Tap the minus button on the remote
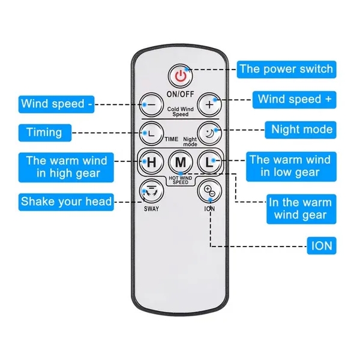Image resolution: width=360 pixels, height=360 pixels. pos(151,105)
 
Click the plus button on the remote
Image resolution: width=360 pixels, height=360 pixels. pos(209,105)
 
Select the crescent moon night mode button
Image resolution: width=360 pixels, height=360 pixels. pos(209,133)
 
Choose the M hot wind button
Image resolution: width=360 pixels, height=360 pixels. pos(181,163)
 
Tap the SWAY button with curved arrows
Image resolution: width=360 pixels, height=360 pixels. pos(151,191)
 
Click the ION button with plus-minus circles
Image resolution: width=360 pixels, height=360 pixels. pos(209,191)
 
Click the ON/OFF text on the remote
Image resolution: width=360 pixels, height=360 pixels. pos(181,94)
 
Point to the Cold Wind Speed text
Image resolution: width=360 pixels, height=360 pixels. pos(181,112)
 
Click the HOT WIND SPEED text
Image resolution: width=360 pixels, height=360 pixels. pos(181,180)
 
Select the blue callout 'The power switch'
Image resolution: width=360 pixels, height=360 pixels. pos(287,70)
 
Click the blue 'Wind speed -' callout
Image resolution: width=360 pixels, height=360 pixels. pos(56,104)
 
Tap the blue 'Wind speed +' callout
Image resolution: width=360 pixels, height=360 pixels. pos(295,100)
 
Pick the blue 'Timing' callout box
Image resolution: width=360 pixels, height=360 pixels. pos(45,133)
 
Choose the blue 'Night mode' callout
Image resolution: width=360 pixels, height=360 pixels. pos(301,130)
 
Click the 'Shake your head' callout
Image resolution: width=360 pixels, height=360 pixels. pos(66,202)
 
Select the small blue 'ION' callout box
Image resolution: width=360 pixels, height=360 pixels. pos(322,245)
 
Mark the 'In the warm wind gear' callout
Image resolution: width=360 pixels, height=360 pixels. pos(301,209)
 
